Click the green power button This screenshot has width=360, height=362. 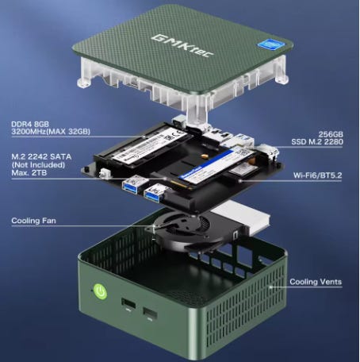click(x=101, y=291)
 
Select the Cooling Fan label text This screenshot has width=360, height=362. click(x=33, y=221)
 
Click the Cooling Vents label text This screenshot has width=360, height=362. click(x=316, y=282)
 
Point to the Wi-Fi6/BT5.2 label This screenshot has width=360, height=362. click(x=317, y=175)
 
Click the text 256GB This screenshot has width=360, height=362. click(x=331, y=134)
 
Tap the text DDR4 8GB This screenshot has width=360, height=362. click(x=30, y=124)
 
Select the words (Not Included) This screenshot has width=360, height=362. click(x=38, y=165)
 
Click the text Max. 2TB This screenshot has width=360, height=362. click(x=29, y=173)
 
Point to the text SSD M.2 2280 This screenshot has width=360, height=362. click(x=317, y=142)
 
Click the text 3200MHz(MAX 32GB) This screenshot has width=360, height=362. click(x=51, y=132)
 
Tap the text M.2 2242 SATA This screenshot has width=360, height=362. click(x=41, y=157)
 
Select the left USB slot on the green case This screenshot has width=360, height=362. click(x=128, y=304)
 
